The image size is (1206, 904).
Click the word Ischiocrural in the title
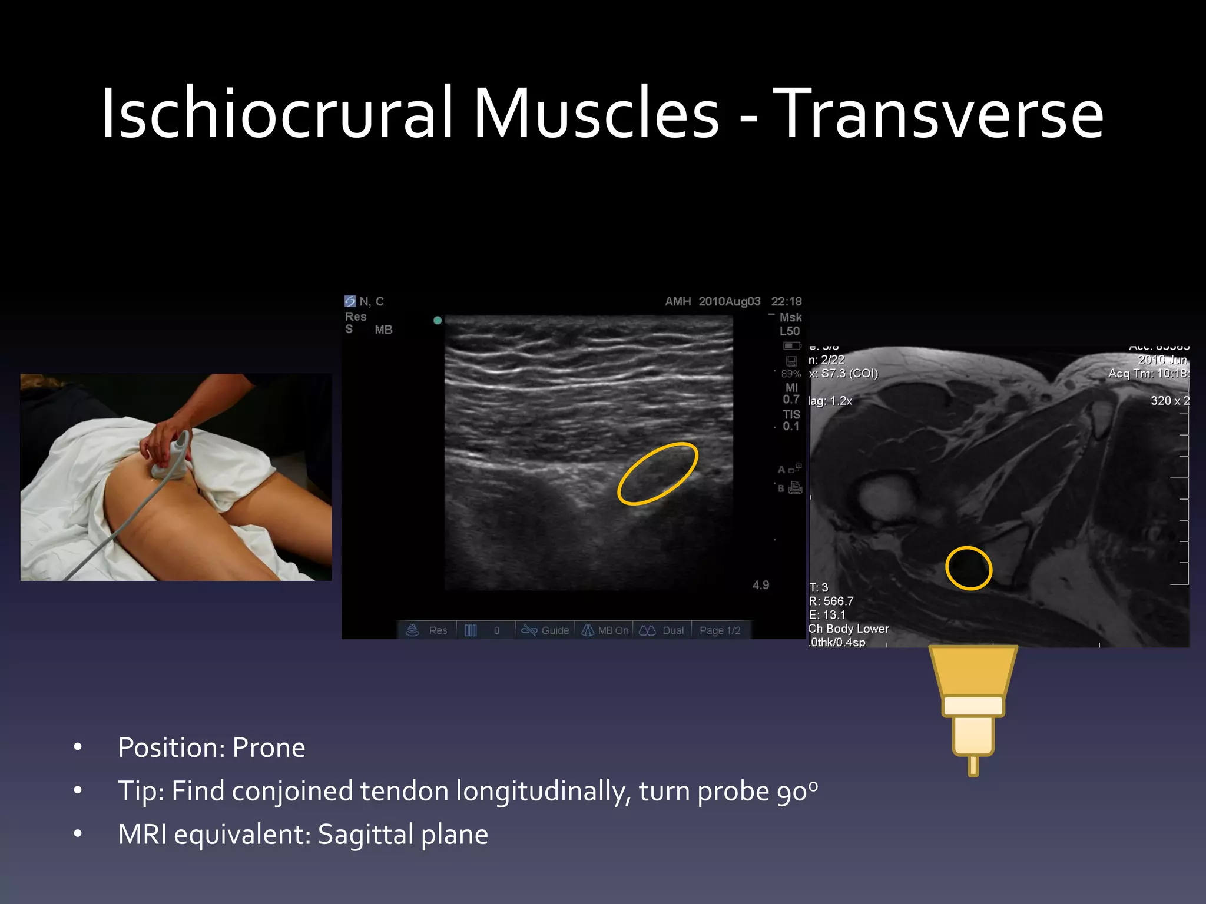click(x=277, y=113)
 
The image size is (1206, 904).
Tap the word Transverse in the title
click(x=937, y=113)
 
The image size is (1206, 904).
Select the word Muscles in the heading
click(x=595, y=113)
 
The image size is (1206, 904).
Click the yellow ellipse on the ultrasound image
click(x=657, y=474)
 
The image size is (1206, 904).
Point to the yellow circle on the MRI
click(x=969, y=568)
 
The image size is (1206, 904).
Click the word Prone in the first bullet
click(x=269, y=747)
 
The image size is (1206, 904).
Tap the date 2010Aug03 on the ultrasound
click(x=729, y=301)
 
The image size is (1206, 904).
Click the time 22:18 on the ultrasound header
click(x=786, y=301)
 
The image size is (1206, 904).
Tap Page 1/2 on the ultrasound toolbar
click(x=720, y=630)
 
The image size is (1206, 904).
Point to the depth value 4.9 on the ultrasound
click(x=760, y=585)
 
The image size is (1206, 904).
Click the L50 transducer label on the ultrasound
click(x=790, y=331)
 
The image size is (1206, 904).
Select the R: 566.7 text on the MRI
click(x=831, y=601)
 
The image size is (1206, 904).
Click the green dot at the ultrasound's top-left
click(x=438, y=320)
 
